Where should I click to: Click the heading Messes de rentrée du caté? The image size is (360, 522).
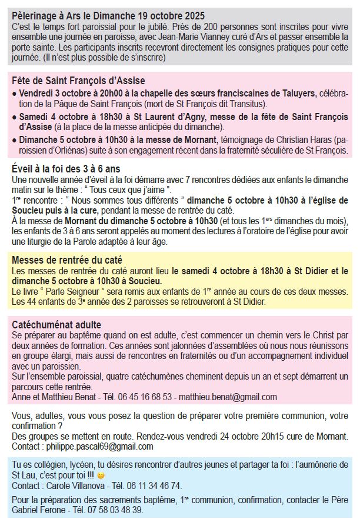tap(67, 260)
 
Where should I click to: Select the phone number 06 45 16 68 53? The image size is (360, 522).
tap(146, 397)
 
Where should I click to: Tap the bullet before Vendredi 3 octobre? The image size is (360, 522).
tap(15, 94)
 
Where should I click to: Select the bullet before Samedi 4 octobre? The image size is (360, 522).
tap(15, 117)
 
